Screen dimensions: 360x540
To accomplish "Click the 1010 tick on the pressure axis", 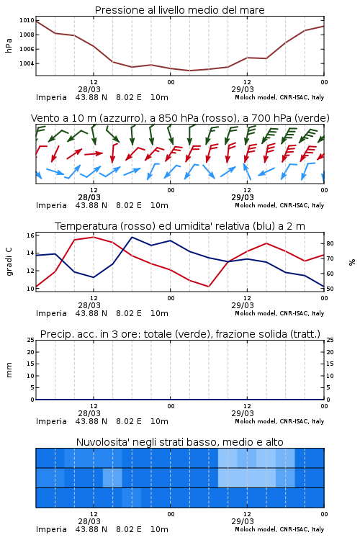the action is pyautogui.click(x=27, y=20).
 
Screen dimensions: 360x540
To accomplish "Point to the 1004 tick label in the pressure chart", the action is pyautogui.click(x=27, y=63).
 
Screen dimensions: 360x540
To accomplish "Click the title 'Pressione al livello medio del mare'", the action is pyautogui.click(x=180, y=10).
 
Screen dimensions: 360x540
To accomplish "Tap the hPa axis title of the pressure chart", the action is pyautogui.click(x=9, y=45).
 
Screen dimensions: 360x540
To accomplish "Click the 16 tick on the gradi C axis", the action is pyautogui.click(x=30, y=235).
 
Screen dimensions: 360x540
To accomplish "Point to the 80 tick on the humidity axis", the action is pyautogui.click(x=330, y=243).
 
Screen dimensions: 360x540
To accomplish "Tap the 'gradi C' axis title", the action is pyautogui.click(x=9, y=261).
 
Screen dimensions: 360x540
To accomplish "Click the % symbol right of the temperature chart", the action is pyautogui.click(x=352, y=262).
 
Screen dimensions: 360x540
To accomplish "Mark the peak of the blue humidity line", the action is pyautogui.click(x=132, y=237).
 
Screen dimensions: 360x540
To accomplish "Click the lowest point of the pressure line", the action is pyautogui.click(x=189, y=71).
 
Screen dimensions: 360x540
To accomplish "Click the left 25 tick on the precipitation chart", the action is pyautogui.click(x=30, y=340).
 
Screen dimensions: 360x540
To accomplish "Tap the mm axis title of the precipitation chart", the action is pyautogui.click(x=9, y=370).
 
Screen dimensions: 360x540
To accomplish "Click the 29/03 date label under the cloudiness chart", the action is pyautogui.click(x=243, y=521).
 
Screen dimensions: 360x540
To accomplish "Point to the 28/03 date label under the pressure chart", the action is pyautogui.click(x=89, y=89).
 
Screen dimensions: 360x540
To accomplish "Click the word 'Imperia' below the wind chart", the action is pyautogui.click(x=51, y=206).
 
